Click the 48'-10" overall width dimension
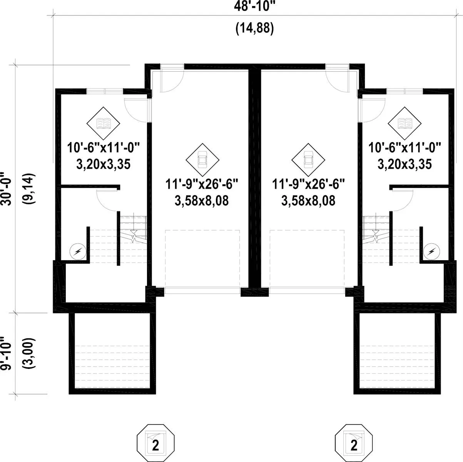254,7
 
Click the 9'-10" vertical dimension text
5,353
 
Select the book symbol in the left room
103,123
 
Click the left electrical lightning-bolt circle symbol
78,252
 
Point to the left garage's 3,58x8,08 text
202,201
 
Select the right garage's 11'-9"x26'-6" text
308,184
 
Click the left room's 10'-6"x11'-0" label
103,147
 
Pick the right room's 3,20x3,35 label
404,164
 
